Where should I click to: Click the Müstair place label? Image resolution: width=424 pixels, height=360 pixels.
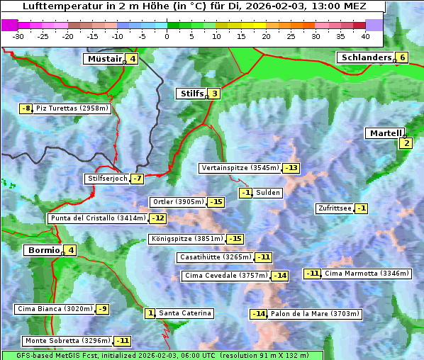point(104,59)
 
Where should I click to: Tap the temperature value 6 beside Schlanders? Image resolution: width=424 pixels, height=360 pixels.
point(402,58)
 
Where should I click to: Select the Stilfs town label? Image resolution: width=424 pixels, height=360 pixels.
point(191,94)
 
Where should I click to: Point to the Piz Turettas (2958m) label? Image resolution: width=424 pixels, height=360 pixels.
point(72,108)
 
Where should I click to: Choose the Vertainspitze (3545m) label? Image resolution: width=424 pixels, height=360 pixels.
point(240,168)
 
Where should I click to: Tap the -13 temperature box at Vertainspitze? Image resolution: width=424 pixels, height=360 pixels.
point(291,168)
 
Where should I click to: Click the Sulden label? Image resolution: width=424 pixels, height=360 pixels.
point(268,193)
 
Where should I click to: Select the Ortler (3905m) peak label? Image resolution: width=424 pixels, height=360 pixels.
point(178,202)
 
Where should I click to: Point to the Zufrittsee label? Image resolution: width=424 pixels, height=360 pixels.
point(334,208)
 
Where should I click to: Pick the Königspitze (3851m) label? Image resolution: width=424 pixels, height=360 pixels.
point(186,239)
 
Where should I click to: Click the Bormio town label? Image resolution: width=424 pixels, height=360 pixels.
point(43,250)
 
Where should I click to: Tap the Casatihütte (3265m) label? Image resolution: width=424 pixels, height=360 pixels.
point(216,257)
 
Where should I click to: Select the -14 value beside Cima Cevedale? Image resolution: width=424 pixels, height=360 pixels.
point(280,275)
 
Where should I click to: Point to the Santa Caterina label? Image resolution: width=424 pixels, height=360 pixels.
point(184,313)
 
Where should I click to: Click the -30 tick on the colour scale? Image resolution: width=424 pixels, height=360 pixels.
point(18,35)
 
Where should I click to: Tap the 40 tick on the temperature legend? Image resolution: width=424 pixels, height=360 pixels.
point(365,35)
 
